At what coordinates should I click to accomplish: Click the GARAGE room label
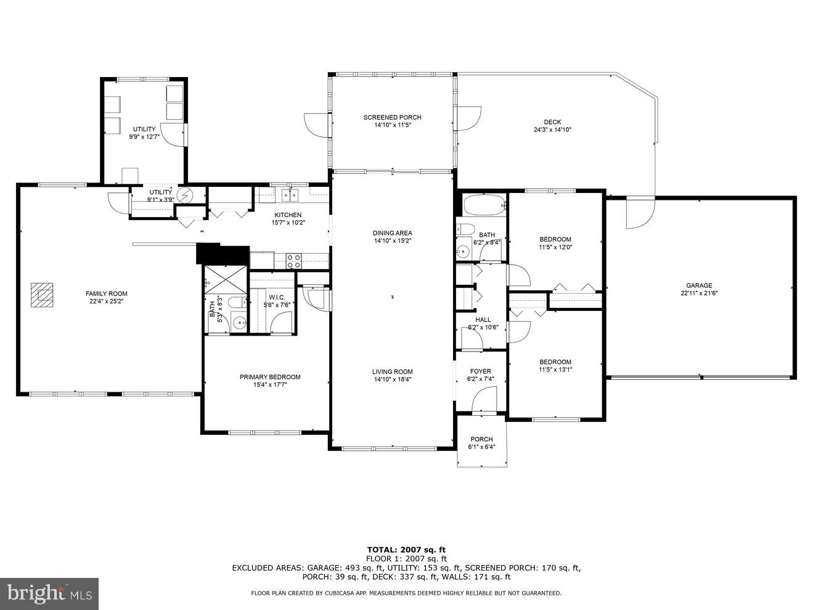click(x=699, y=286)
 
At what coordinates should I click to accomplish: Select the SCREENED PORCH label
click(x=392, y=117)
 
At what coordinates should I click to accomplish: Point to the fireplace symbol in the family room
click(x=43, y=294)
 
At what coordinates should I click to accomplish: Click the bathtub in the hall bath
click(x=483, y=205)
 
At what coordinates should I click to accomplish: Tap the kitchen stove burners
click(x=294, y=261)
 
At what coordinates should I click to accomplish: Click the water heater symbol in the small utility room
click(x=185, y=196)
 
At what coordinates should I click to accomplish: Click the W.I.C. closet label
click(x=276, y=297)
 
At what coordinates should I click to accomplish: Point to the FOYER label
click(x=480, y=371)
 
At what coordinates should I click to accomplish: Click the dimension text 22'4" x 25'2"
click(x=107, y=302)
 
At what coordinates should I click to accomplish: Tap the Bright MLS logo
click(x=49, y=594)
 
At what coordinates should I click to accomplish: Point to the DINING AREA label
click(x=392, y=233)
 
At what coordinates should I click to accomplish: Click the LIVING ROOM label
click(x=392, y=371)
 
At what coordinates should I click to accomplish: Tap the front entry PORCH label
click(x=481, y=439)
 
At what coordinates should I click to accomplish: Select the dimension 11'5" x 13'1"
click(x=555, y=370)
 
